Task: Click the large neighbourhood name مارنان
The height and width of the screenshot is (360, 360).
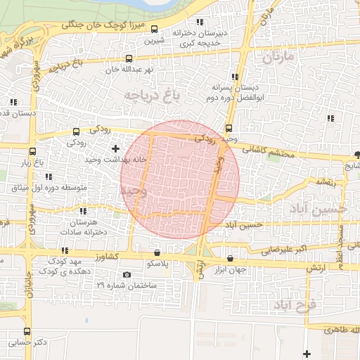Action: point(283,58)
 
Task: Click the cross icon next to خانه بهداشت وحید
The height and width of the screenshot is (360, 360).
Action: point(115,148)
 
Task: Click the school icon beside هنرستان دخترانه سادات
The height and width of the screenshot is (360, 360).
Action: point(82,210)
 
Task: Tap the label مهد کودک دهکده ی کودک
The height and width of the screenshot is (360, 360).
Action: point(67,265)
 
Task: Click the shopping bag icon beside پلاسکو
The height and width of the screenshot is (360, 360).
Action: point(156,252)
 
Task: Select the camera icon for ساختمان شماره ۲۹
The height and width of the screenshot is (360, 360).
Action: point(127,274)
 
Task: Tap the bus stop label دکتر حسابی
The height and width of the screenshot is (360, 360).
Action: point(28,343)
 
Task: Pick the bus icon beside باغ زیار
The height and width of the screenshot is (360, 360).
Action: point(31,151)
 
